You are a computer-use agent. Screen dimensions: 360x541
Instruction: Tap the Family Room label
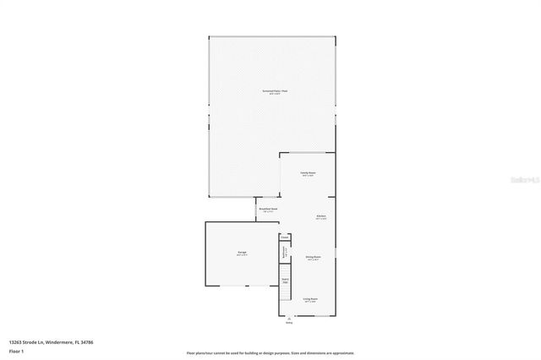tap(308, 173)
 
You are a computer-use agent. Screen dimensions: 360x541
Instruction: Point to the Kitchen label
tap(321, 217)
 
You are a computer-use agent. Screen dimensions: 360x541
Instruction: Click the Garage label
tap(242, 254)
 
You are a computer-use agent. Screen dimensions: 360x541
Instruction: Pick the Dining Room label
tap(313, 259)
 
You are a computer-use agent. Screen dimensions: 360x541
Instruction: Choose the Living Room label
tap(310, 299)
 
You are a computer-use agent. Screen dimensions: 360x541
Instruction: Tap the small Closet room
tap(285, 238)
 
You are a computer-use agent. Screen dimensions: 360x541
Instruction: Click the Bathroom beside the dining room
tap(285, 252)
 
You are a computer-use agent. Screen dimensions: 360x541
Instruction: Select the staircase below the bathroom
tap(285, 280)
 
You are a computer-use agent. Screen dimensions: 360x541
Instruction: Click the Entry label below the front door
tap(289, 323)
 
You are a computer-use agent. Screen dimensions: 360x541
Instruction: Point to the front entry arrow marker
tap(289, 318)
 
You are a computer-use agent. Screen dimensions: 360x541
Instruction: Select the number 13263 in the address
tap(16, 342)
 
